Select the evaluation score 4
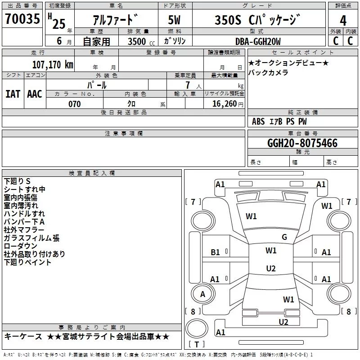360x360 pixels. (x=343, y=20)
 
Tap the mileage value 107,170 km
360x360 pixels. (x=53, y=64)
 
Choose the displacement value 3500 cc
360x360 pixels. (x=139, y=41)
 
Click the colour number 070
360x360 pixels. (x=74, y=104)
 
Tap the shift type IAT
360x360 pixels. (x=13, y=94)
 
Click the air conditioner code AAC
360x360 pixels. (x=35, y=94)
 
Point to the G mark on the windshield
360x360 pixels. (x=284, y=237)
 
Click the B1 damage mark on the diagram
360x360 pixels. (x=216, y=252)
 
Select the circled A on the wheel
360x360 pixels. (x=202, y=294)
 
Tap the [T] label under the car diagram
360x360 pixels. (x=196, y=345)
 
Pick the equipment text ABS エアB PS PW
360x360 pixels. (x=279, y=121)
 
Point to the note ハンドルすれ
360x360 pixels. (x=24, y=214)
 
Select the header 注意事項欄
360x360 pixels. (x=124, y=134)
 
